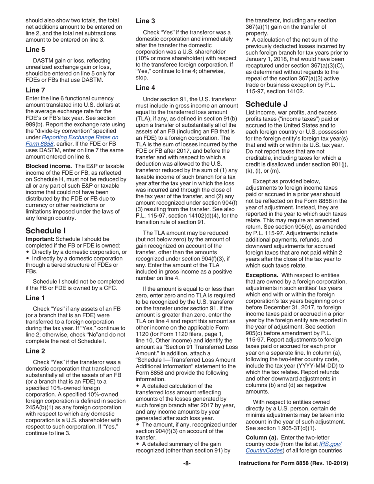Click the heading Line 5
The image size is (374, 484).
35,50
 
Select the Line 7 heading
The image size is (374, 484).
35,90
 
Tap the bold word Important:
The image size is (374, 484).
40,239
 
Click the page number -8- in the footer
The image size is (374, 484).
187,464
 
